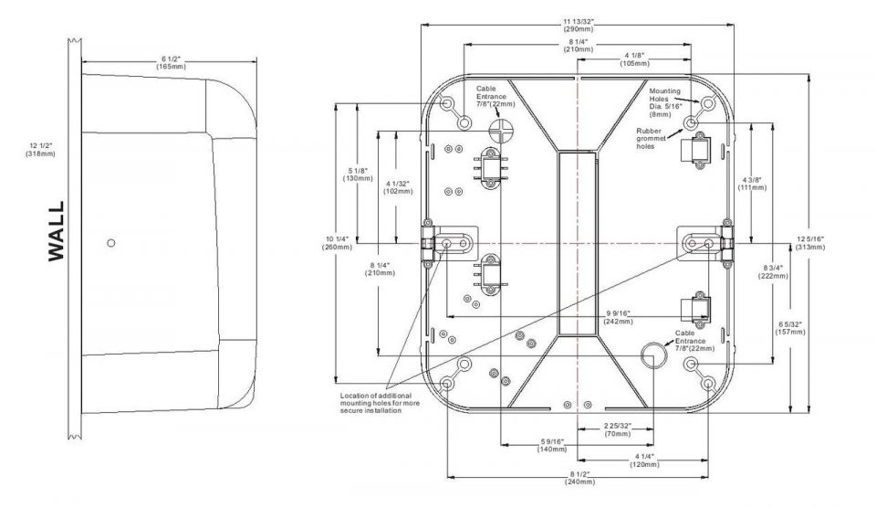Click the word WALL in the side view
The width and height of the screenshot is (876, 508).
coord(57,231)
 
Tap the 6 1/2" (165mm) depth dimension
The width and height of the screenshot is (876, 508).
coord(171,63)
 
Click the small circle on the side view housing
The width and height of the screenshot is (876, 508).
coord(111,243)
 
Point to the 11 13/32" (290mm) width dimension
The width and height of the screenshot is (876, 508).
coord(579,26)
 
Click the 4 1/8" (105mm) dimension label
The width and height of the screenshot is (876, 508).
coord(634,59)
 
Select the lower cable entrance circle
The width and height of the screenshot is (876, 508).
coord(652,355)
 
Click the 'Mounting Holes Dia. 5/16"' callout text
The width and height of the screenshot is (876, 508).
coord(665,102)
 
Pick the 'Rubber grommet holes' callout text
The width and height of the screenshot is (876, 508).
coord(651,139)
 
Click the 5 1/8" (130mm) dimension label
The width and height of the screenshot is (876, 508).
coord(358,175)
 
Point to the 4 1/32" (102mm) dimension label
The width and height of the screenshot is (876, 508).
coord(398,187)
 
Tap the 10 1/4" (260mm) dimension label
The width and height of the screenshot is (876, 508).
coord(338,243)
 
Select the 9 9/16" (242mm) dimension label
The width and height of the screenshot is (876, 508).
coord(618,317)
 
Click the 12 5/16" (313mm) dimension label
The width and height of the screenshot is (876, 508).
coord(810,243)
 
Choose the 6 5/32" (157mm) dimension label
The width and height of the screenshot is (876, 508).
coord(790,328)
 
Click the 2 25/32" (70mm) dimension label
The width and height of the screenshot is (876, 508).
coord(618,429)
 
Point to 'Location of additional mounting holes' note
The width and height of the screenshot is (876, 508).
coord(380,403)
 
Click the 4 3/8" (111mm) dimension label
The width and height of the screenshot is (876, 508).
coord(751,184)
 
